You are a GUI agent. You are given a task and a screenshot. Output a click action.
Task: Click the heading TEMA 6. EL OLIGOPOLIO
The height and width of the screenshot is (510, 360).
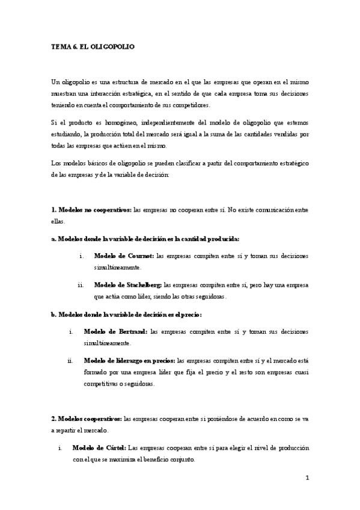93,46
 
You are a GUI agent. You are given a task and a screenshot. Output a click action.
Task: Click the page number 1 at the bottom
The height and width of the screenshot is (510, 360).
307,478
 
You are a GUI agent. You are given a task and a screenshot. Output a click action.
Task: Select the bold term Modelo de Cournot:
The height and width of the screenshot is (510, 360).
124,256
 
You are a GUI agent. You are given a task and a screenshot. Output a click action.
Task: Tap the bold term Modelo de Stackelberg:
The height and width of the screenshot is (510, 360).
128,284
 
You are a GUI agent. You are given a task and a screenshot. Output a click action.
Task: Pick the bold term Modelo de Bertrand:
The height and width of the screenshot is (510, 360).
116,331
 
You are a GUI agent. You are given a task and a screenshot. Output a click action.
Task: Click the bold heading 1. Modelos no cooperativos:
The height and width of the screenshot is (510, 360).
91,209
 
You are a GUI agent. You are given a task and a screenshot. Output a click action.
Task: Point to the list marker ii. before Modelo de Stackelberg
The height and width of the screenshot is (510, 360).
81,284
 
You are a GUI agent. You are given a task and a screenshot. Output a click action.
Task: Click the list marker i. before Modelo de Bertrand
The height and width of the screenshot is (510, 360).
71,331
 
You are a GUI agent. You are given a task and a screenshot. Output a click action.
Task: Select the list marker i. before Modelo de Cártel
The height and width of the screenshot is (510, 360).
60,448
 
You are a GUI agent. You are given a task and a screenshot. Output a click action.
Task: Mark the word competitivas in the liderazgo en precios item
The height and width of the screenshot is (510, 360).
101,384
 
